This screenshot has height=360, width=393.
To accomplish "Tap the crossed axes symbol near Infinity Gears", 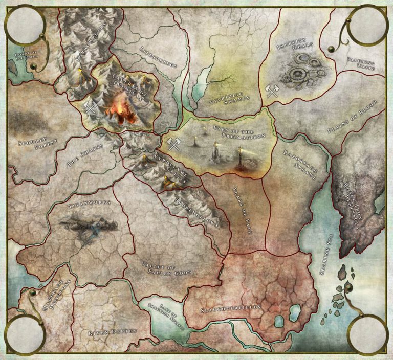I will pos(272,92).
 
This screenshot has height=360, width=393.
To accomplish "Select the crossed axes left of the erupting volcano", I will pos(91,107).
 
